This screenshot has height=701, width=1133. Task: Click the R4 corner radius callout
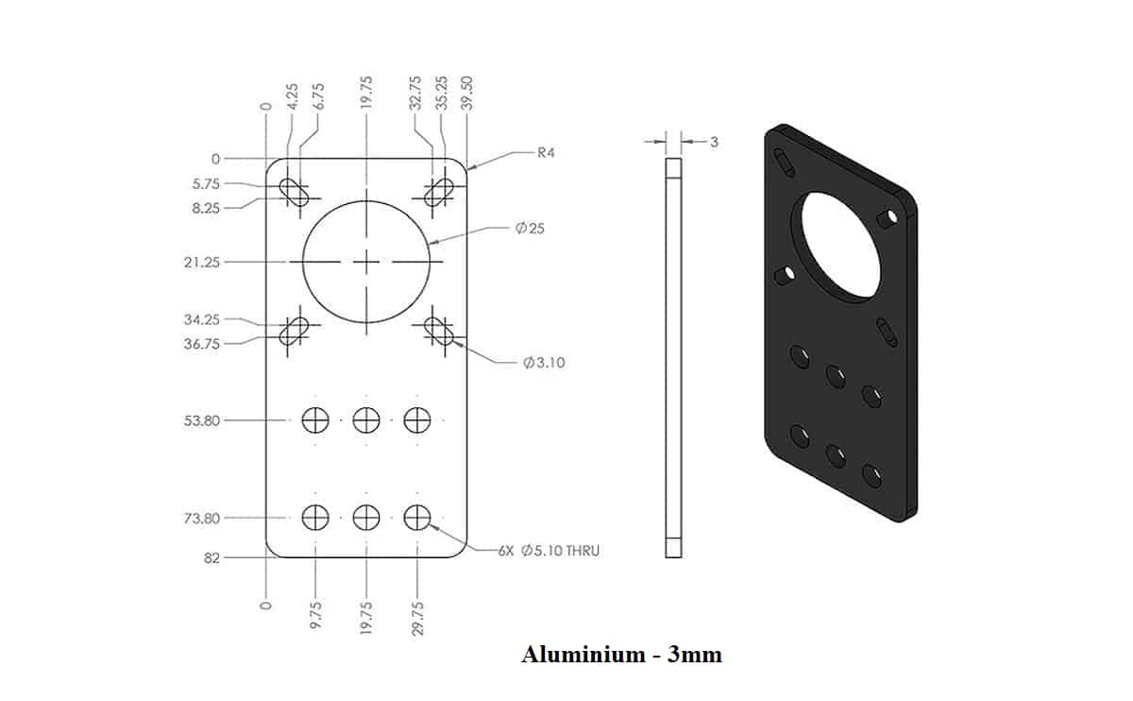click(x=547, y=153)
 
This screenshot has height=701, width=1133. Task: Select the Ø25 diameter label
click(x=532, y=229)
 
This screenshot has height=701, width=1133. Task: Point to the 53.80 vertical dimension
click(x=201, y=419)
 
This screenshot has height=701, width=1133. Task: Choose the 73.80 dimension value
click(x=201, y=518)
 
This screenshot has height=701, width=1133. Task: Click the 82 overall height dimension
click(x=211, y=557)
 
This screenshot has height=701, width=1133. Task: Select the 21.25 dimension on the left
click(x=201, y=262)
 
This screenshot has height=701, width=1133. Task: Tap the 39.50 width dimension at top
click(x=466, y=94)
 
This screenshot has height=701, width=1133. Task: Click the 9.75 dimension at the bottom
click(x=315, y=613)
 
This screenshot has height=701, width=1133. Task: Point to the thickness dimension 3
click(x=714, y=142)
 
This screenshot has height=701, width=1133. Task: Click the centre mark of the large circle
click(x=366, y=262)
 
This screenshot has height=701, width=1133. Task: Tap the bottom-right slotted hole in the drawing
click(x=439, y=330)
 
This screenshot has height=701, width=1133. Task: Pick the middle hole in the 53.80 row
click(x=366, y=419)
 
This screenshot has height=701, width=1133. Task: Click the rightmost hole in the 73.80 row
click(x=417, y=517)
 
